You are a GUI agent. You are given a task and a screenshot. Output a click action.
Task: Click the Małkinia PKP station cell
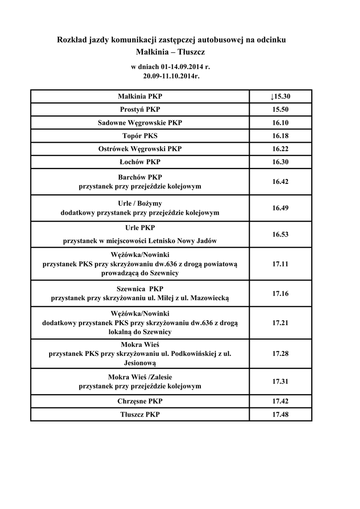pos(140,96)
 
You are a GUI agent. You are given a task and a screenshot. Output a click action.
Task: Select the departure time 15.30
pos(280,96)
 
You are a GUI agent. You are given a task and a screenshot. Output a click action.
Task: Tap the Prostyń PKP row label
pos(140,109)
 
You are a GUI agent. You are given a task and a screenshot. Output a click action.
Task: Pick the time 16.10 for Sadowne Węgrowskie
pos(280,123)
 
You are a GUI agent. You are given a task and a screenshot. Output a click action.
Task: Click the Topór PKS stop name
pos(140,136)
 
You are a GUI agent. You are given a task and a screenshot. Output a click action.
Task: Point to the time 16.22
pos(280,149)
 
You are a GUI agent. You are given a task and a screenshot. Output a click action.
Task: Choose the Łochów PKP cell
pos(140,162)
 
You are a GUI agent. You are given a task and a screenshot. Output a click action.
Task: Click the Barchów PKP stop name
pos(140,177)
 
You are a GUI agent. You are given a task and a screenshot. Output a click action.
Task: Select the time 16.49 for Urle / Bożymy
pos(280,208)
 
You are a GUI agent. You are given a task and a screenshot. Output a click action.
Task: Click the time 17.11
pos(280,264)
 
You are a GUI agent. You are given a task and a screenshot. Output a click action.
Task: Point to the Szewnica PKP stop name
pos(140,289)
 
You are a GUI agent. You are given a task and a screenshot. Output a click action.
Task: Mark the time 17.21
pos(280,323)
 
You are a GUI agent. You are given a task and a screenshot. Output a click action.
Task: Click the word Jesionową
pos(140,363)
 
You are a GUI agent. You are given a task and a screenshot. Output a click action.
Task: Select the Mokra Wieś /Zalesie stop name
pos(140,377)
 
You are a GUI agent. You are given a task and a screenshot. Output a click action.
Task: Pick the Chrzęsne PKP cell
pos(140,401)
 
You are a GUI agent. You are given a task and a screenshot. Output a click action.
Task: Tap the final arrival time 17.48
pos(280,414)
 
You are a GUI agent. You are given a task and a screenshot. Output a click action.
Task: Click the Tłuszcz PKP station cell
pos(140,414)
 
